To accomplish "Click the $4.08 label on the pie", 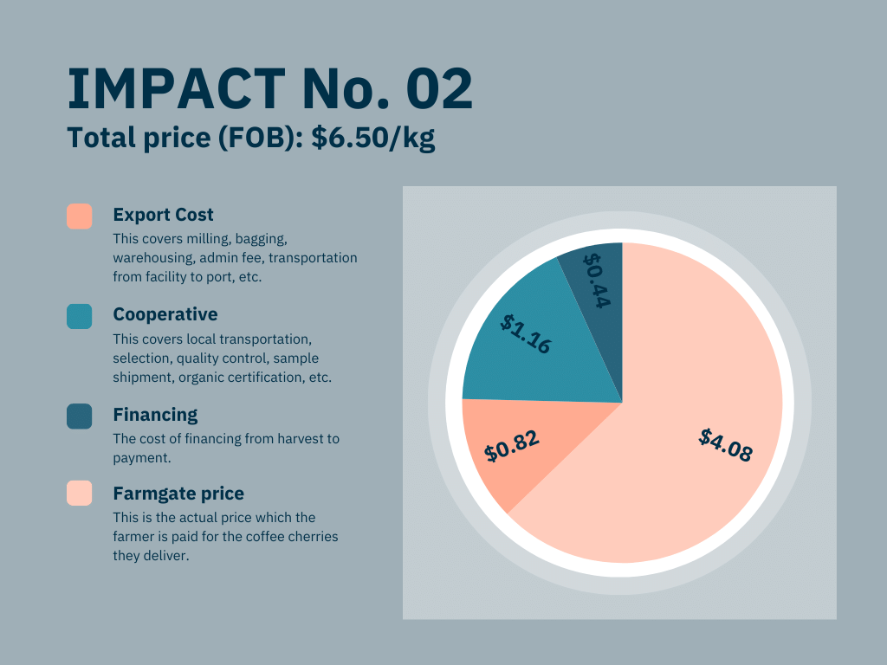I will [726, 444].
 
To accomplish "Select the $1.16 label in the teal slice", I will [526, 333].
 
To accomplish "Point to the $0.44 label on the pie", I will [597, 280].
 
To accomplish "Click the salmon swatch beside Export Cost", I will [80, 216].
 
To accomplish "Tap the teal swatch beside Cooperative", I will [80, 316].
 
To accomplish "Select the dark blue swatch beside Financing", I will [80, 416].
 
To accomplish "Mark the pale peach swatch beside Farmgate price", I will [80, 494].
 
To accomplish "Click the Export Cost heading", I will [163, 215].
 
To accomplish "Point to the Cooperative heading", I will [165, 314].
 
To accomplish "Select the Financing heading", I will [155, 415].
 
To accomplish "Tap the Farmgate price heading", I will [178, 494].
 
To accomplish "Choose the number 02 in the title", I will [437, 89].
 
